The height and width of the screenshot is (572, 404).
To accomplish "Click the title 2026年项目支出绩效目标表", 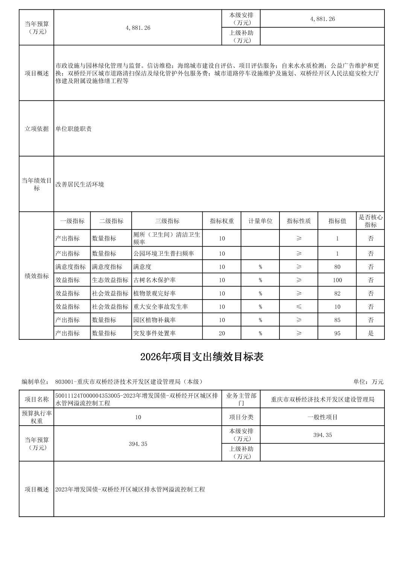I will click(202, 357).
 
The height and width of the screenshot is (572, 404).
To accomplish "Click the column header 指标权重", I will click(222, 221).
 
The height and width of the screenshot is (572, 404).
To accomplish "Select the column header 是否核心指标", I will click(370, 221).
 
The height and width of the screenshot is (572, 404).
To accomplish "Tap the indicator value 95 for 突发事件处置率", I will click(337, 333).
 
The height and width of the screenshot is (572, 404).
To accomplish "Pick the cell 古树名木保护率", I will click(154, 280).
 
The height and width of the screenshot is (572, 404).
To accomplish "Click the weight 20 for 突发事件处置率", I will click(222, 333).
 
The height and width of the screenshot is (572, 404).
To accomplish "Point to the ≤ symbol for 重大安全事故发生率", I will click(299, 307).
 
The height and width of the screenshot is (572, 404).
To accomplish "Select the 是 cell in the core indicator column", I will click(370, 333).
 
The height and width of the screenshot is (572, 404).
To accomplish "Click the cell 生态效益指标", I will click(110, 280).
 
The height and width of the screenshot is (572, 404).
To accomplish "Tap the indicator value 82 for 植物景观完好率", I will click(337, 293).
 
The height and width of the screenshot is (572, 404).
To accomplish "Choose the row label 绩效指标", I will click(36, 276).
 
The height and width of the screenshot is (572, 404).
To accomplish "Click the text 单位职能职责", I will click(74, 129).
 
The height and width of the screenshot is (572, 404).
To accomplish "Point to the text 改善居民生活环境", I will click(80, 184).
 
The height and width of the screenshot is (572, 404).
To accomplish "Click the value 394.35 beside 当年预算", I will click(138, 444).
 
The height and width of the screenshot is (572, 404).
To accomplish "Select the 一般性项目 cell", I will click(322, 417).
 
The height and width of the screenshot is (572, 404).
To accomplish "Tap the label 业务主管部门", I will click(241, 399).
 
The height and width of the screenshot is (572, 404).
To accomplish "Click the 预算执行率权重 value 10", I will click(138, 417).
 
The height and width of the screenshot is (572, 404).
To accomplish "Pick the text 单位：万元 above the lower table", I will click(368, 382).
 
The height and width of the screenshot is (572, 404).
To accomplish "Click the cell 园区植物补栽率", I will click(154, 320).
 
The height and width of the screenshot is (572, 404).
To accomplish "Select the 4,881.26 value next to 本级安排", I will click(322, 19).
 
